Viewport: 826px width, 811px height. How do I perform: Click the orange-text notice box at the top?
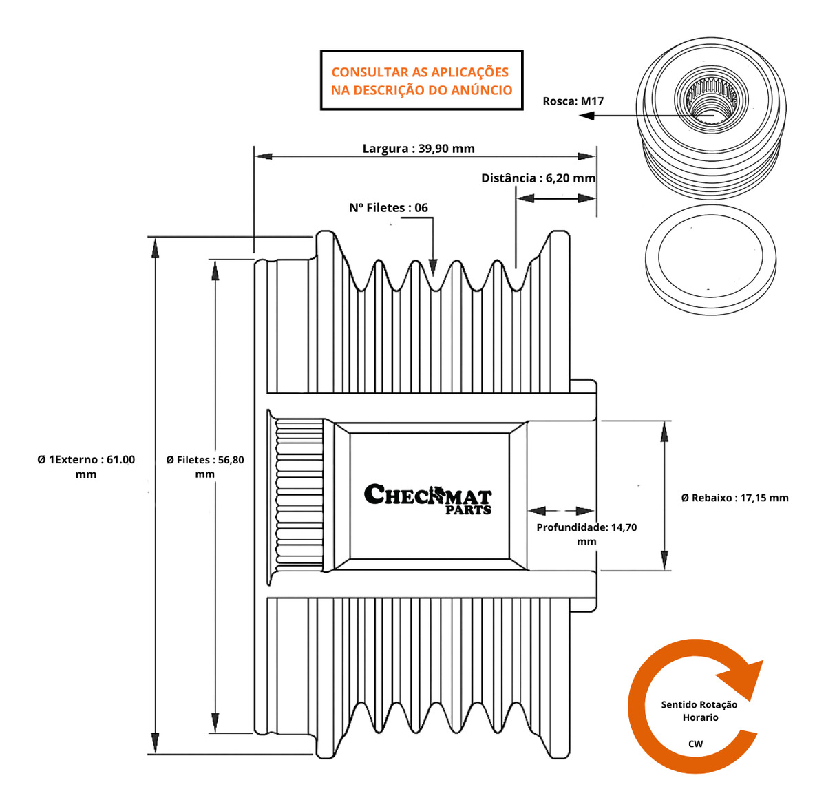click(421, 81)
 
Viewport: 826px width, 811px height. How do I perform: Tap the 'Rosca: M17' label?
click(573, 101)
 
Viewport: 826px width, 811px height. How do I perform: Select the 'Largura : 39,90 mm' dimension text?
click(419, 148)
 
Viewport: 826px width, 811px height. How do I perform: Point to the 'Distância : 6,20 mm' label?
click(538, 178)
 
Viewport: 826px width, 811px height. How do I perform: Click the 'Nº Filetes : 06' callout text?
click(388, 207)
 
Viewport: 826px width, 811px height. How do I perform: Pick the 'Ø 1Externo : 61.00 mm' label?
click(86, 467)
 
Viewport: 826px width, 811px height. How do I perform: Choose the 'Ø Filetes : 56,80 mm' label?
click(205, 467)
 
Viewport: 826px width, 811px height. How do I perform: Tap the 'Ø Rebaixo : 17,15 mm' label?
click(734, 498)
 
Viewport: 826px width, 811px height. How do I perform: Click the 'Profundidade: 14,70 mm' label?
click(586, 534)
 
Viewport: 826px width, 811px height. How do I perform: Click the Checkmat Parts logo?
click(427, 498)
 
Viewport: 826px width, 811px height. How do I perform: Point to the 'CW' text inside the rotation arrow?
click(695, 744)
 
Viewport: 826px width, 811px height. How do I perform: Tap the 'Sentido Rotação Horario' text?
click(699, 710)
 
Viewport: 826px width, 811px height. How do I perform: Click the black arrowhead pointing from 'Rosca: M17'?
click(587, 116)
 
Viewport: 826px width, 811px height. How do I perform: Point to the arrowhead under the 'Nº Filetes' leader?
click(433, 265)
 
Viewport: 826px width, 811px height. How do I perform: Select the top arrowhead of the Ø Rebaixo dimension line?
click(664, 431)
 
